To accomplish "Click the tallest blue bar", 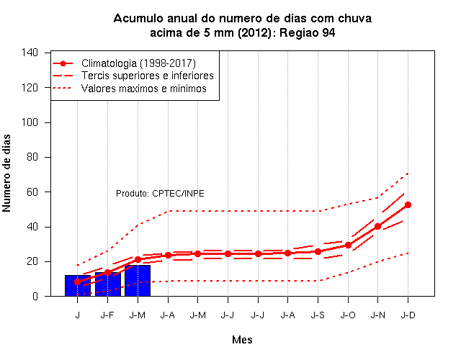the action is [x=138, y=281].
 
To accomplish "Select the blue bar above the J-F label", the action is [x=108, y=284].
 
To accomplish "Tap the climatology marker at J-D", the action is [x=408, y=204].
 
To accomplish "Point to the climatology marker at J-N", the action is [x=377, y=226].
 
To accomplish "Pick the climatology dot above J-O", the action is [x=348, y=245].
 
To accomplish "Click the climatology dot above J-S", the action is [x=318, y=251].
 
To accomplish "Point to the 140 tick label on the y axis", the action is [x=30, y=53].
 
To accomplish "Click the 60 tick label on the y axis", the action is [x=32, y=192].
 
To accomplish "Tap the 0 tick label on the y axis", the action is [x=35, y=296].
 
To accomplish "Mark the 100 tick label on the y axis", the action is [x=30, y=122].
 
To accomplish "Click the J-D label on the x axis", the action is [x=408, y=315].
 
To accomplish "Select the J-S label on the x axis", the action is [x=318, y=315].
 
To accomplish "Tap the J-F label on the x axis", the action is [x=107, y=315].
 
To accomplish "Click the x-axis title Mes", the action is [x=242, y=340].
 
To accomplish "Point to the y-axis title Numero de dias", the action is [x=6, y=173].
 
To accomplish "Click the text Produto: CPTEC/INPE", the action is [x=160, y=194].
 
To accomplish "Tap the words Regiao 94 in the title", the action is [x=308, y=32].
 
